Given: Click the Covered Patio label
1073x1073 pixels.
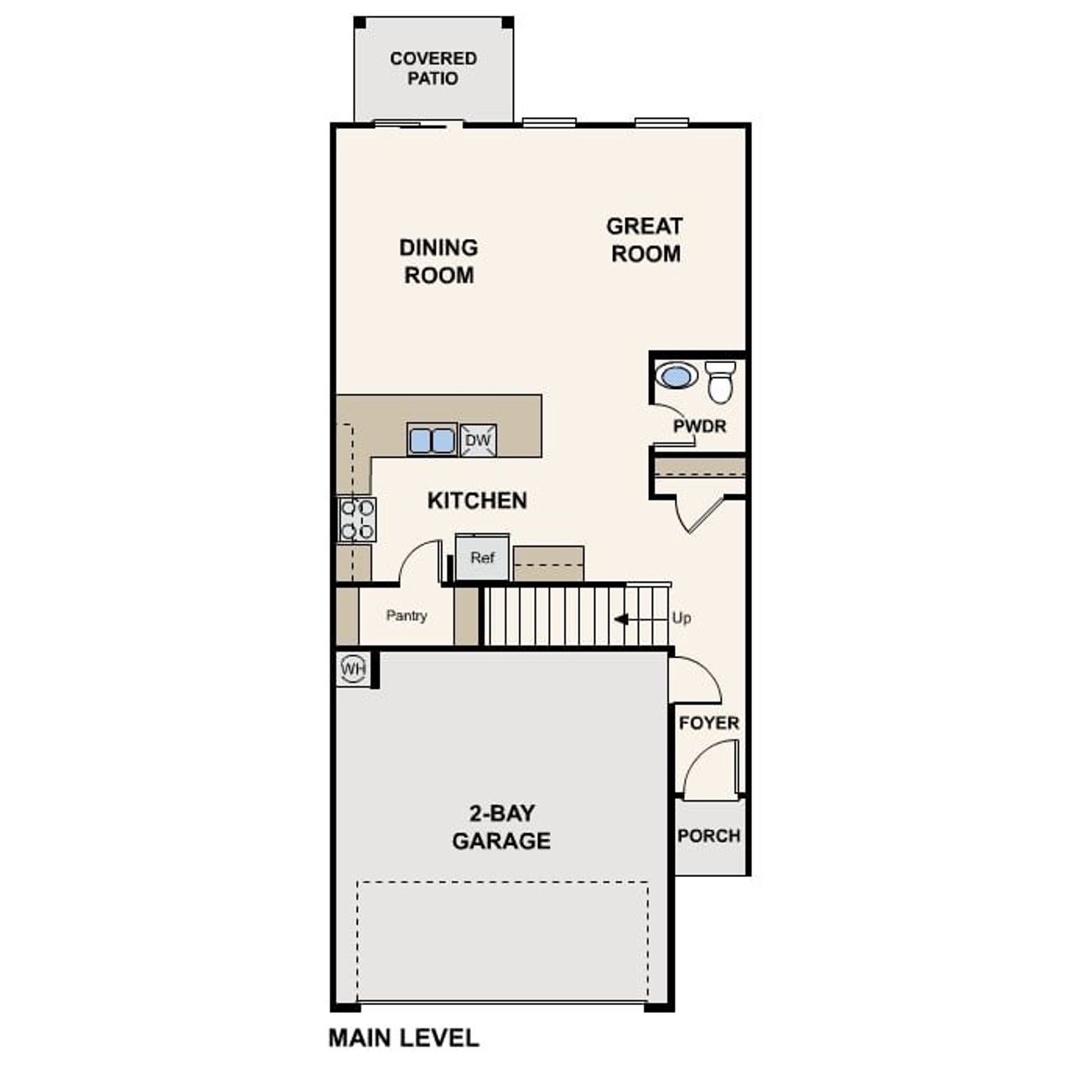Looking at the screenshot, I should click(433, 69).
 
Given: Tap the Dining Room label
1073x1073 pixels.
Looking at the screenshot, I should click(438, 261).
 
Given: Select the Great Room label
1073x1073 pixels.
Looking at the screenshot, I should click(645, 240).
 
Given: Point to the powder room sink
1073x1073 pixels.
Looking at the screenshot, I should click(676, 375).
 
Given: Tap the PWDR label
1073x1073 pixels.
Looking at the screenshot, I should click(699, 426).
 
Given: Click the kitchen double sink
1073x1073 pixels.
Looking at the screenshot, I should click(432, 440).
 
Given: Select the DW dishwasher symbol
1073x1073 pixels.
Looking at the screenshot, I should click(478, 440).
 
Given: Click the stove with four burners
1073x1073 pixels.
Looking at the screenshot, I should click(357, 519).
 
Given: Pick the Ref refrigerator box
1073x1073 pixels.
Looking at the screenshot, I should click(482, 557).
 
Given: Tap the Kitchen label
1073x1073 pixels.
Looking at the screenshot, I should click(477, 500).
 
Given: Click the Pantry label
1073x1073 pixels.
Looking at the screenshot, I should click(407, 615).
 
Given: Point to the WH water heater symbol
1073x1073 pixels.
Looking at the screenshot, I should click(353, 669).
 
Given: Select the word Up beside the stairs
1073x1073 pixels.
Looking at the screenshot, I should click(682, 618).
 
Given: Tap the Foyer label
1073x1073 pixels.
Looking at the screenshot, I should click(709, 723).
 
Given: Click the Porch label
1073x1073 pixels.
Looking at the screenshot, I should click(709, 836).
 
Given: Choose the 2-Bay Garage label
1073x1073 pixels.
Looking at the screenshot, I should click(501, 827).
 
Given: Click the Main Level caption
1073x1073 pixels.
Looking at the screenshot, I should click(403, 1038).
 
